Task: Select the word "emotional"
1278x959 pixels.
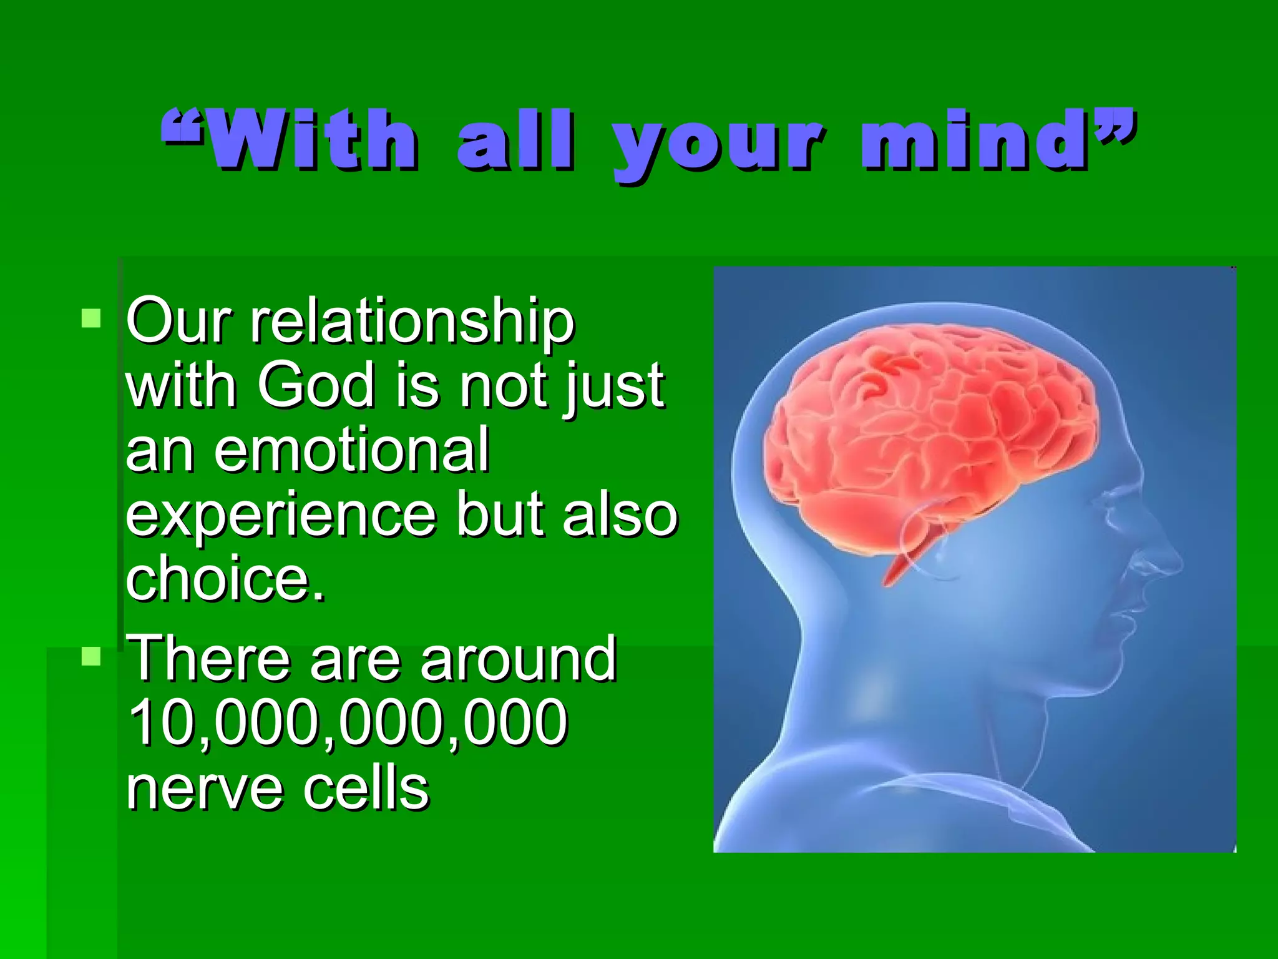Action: click(352, 450)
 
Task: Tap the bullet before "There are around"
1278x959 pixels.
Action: click(91, 656)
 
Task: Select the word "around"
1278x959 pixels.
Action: click(519, 658)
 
